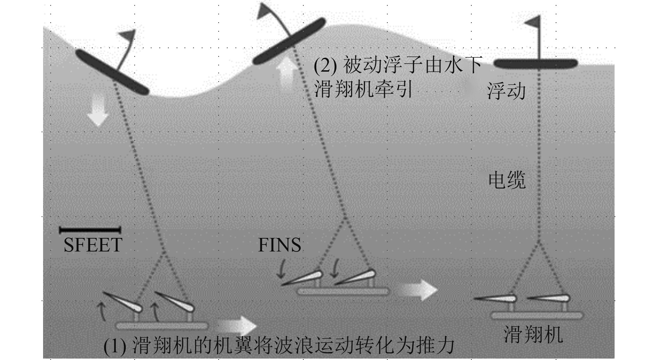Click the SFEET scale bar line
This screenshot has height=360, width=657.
click(x=90, y=230)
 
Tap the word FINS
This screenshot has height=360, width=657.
click(x=279, y=245)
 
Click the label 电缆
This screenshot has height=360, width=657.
click(x=507, y=180)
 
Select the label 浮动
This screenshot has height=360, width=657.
click(x=506, y=91)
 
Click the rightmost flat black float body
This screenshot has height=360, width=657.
click(x=535, y=64)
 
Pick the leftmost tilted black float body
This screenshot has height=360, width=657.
click(x=112, y=72)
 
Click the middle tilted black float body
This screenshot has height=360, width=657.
click(x=289, y=41)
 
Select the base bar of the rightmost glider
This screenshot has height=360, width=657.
click(x=536, y=315)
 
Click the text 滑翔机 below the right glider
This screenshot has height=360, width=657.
click(x=533, y=335)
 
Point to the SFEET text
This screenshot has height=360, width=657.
click(x=93, y=245)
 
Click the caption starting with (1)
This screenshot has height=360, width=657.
click(x=279, y=345)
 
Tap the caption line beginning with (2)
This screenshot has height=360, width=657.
click(x=397, y=65)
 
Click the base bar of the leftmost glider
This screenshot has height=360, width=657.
click(x=162, y=326)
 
